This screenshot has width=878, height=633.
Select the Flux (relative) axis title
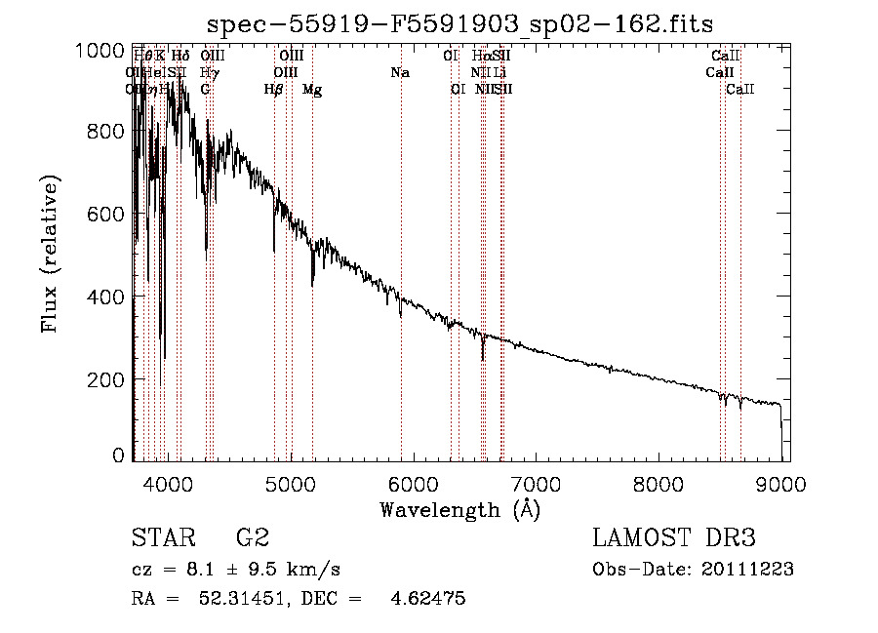coord(50,255)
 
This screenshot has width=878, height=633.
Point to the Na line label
coord(400,73)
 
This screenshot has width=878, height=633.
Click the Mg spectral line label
coord(312,90)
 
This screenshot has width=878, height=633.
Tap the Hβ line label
coord(274,90)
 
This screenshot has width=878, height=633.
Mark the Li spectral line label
coord(499,73)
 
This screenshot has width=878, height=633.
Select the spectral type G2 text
coord(253,538)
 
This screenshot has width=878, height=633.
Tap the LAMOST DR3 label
coord(674,538)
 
